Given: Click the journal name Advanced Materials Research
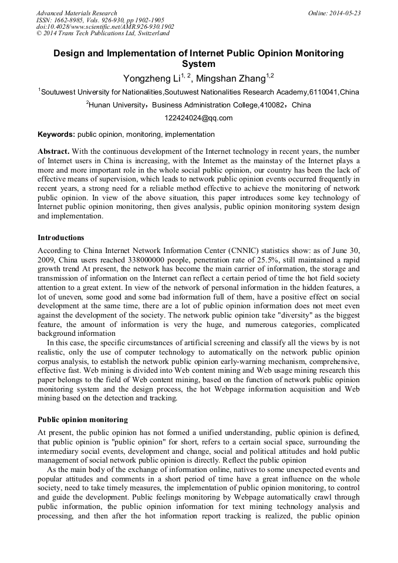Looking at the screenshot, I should point(76,13).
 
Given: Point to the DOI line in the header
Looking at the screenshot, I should point(105,26).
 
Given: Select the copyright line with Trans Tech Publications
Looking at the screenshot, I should point(103,33).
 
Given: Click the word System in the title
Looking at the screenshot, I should point(198,64).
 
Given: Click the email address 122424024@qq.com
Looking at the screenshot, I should point(198,118).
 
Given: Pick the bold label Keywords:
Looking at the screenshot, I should point(56,134).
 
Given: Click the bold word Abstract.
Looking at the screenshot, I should point(54,151).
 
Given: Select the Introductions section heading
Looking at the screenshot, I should point(61,238).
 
